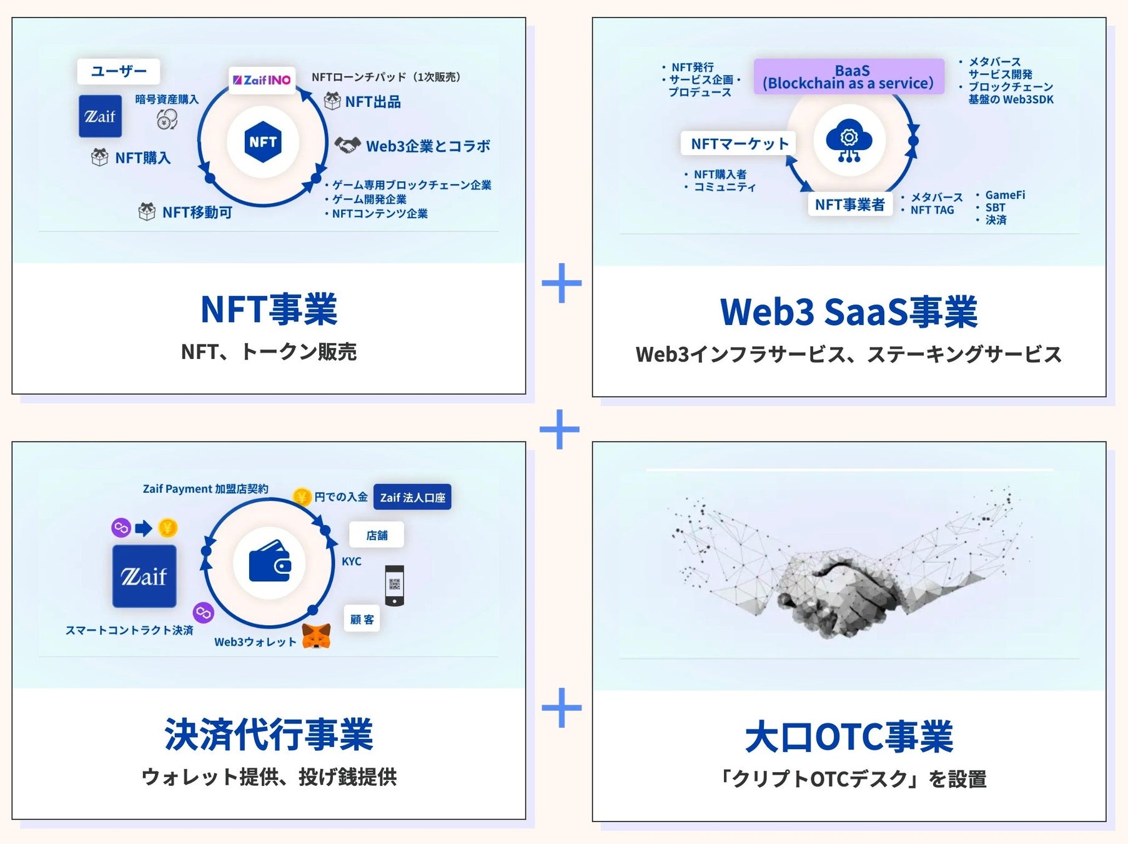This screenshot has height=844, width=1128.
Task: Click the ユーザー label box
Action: click(x=118, y=71)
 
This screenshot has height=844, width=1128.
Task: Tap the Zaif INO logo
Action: click(x=262, y=80)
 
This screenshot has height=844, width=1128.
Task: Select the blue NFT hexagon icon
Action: click(x=263, y=142)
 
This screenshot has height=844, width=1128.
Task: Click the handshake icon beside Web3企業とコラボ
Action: click(x=347, y=146)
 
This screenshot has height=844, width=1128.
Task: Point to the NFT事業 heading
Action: click(x=269, y=309)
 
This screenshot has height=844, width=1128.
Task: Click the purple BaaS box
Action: click(x=848, y=77)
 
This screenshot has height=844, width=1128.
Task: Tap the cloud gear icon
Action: click(x=849, y=141)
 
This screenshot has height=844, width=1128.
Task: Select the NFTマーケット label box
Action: click(x=739, y=144)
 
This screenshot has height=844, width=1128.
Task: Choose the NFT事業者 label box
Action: click(x=849, y=204)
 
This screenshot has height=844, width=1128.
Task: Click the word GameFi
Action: click(x=1005, y=195)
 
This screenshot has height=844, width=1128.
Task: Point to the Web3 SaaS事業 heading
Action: click(x=848, y=312)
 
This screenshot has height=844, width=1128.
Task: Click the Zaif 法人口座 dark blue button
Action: click(x=412, y=498)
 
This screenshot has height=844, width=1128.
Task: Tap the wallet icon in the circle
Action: click(x=269, y=561)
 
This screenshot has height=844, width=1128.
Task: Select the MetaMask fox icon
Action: click(x=317, y=636)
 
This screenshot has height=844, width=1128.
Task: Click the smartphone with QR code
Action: click(x=394, y=586)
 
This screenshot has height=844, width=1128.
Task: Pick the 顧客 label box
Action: click(x=362, y=619)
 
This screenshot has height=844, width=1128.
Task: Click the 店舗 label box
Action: click(x=377, y=535)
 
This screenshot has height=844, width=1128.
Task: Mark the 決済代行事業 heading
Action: click(x=269, y=735)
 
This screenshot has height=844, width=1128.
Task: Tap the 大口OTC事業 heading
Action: click(x=848, y=737)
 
